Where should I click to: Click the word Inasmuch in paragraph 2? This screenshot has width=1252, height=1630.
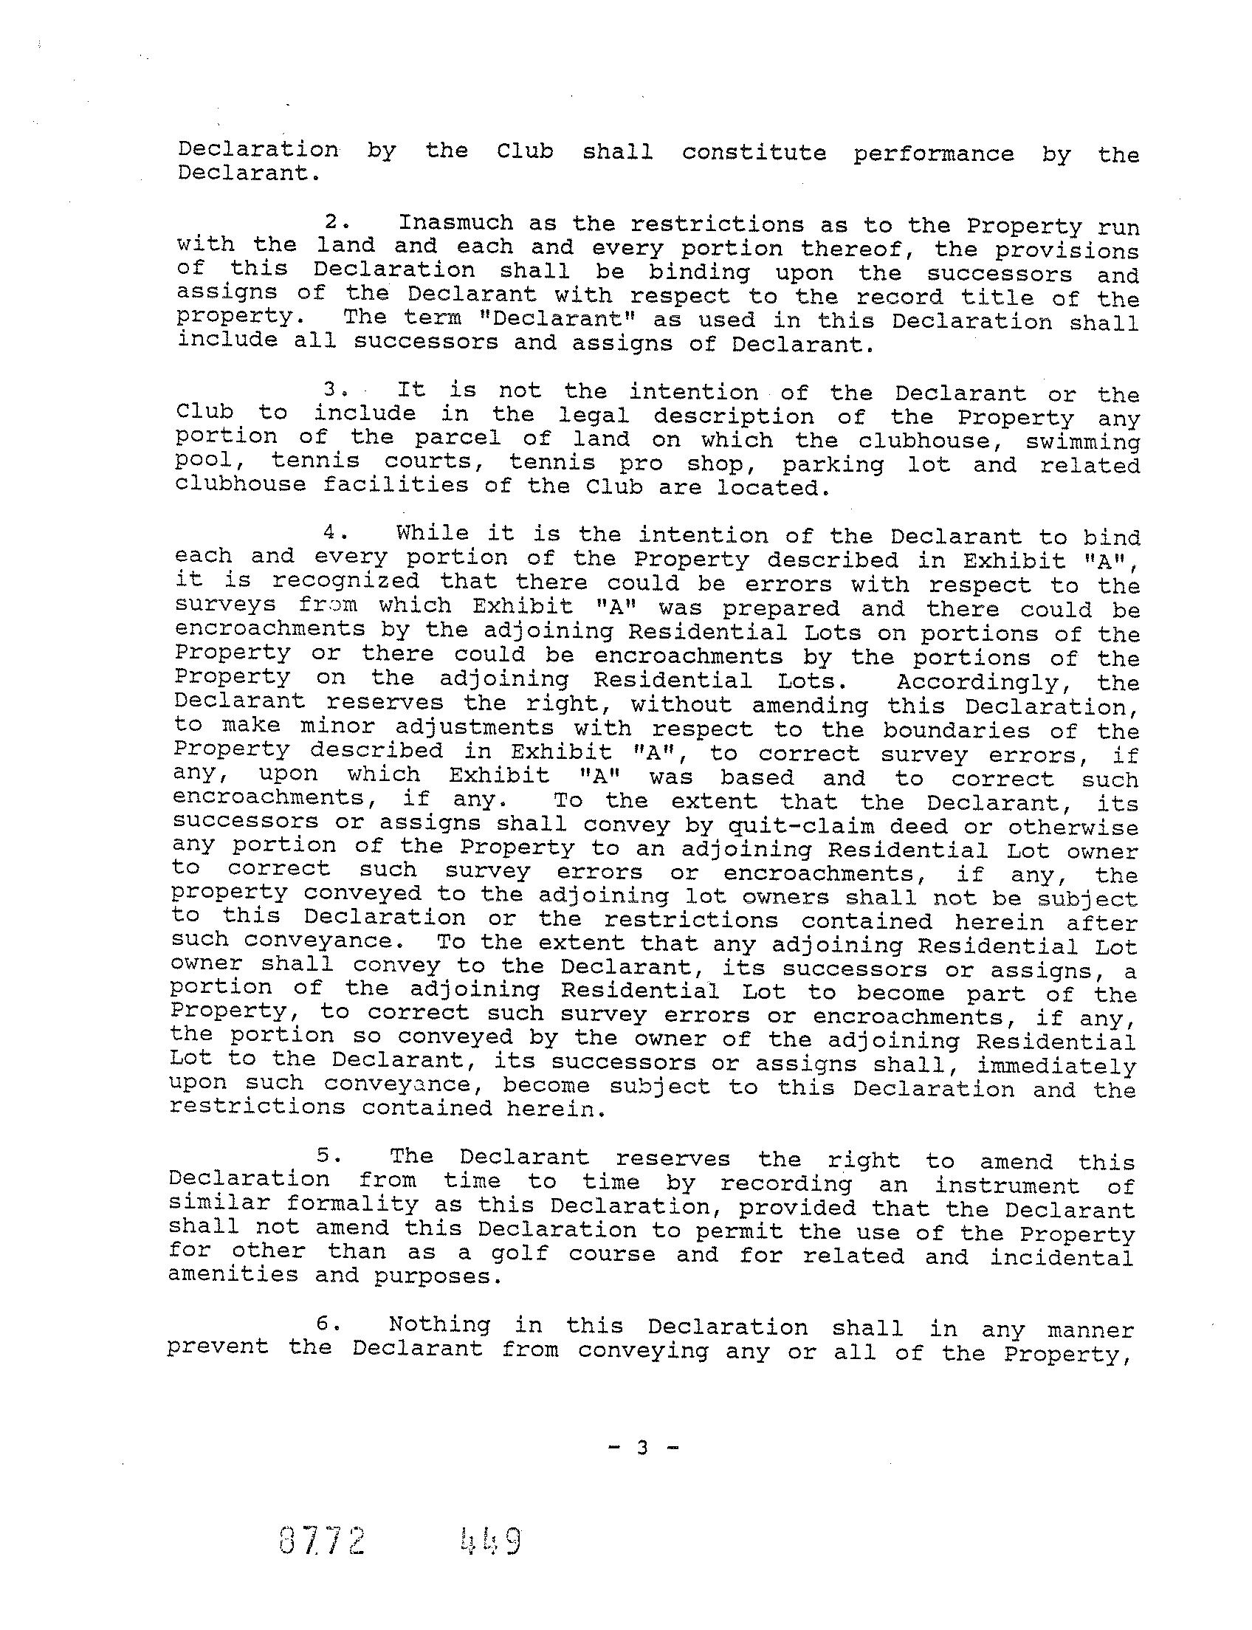coord(455,223)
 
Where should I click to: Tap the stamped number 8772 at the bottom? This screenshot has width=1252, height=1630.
coord(322,1538)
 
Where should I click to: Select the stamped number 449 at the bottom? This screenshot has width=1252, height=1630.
coord(489,1538)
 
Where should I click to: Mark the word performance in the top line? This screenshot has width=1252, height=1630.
coord(934,154)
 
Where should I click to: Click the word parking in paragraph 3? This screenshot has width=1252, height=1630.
coord(833,464)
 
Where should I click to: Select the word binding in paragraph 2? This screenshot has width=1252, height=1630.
coord(699,272)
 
